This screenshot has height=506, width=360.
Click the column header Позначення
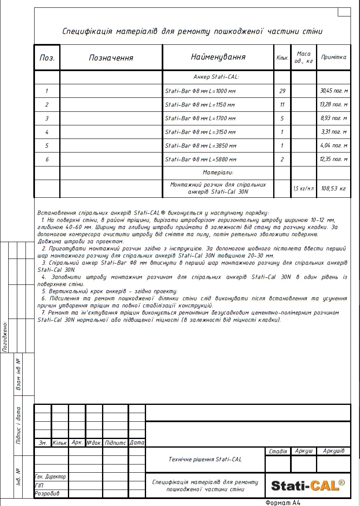point(111,58)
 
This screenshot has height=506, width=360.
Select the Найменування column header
point(218,57)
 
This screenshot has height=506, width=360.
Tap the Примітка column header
point(334,57)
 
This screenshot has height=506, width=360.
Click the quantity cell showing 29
point(282,91)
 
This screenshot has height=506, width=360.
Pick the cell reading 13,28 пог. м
point(334,105)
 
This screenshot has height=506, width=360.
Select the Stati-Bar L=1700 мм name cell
point(200,118)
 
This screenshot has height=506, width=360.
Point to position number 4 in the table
point(47,132)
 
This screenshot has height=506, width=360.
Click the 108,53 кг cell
point(334,188)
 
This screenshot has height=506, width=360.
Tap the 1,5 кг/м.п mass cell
point(304,188)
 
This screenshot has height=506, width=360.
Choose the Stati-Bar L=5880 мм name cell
point(201,159)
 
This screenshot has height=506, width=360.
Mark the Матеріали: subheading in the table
point(218,173)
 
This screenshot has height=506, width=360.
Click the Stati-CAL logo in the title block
point(308,485)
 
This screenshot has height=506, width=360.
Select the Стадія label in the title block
point(278,451)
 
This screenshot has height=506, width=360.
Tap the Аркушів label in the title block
point(334,451)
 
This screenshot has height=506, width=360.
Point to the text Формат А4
point(283,502)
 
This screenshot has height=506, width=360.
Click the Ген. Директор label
point(51,477)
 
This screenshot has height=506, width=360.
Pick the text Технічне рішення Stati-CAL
point(205,459)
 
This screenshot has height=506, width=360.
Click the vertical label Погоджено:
point(5,337)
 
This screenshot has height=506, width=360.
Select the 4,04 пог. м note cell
point(334,146)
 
